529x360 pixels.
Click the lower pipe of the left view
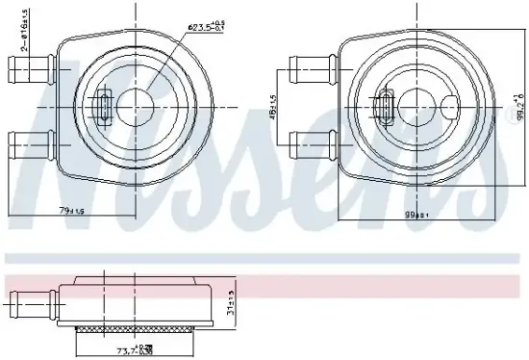(29, 146)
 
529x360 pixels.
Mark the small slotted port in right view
(385, 106)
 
